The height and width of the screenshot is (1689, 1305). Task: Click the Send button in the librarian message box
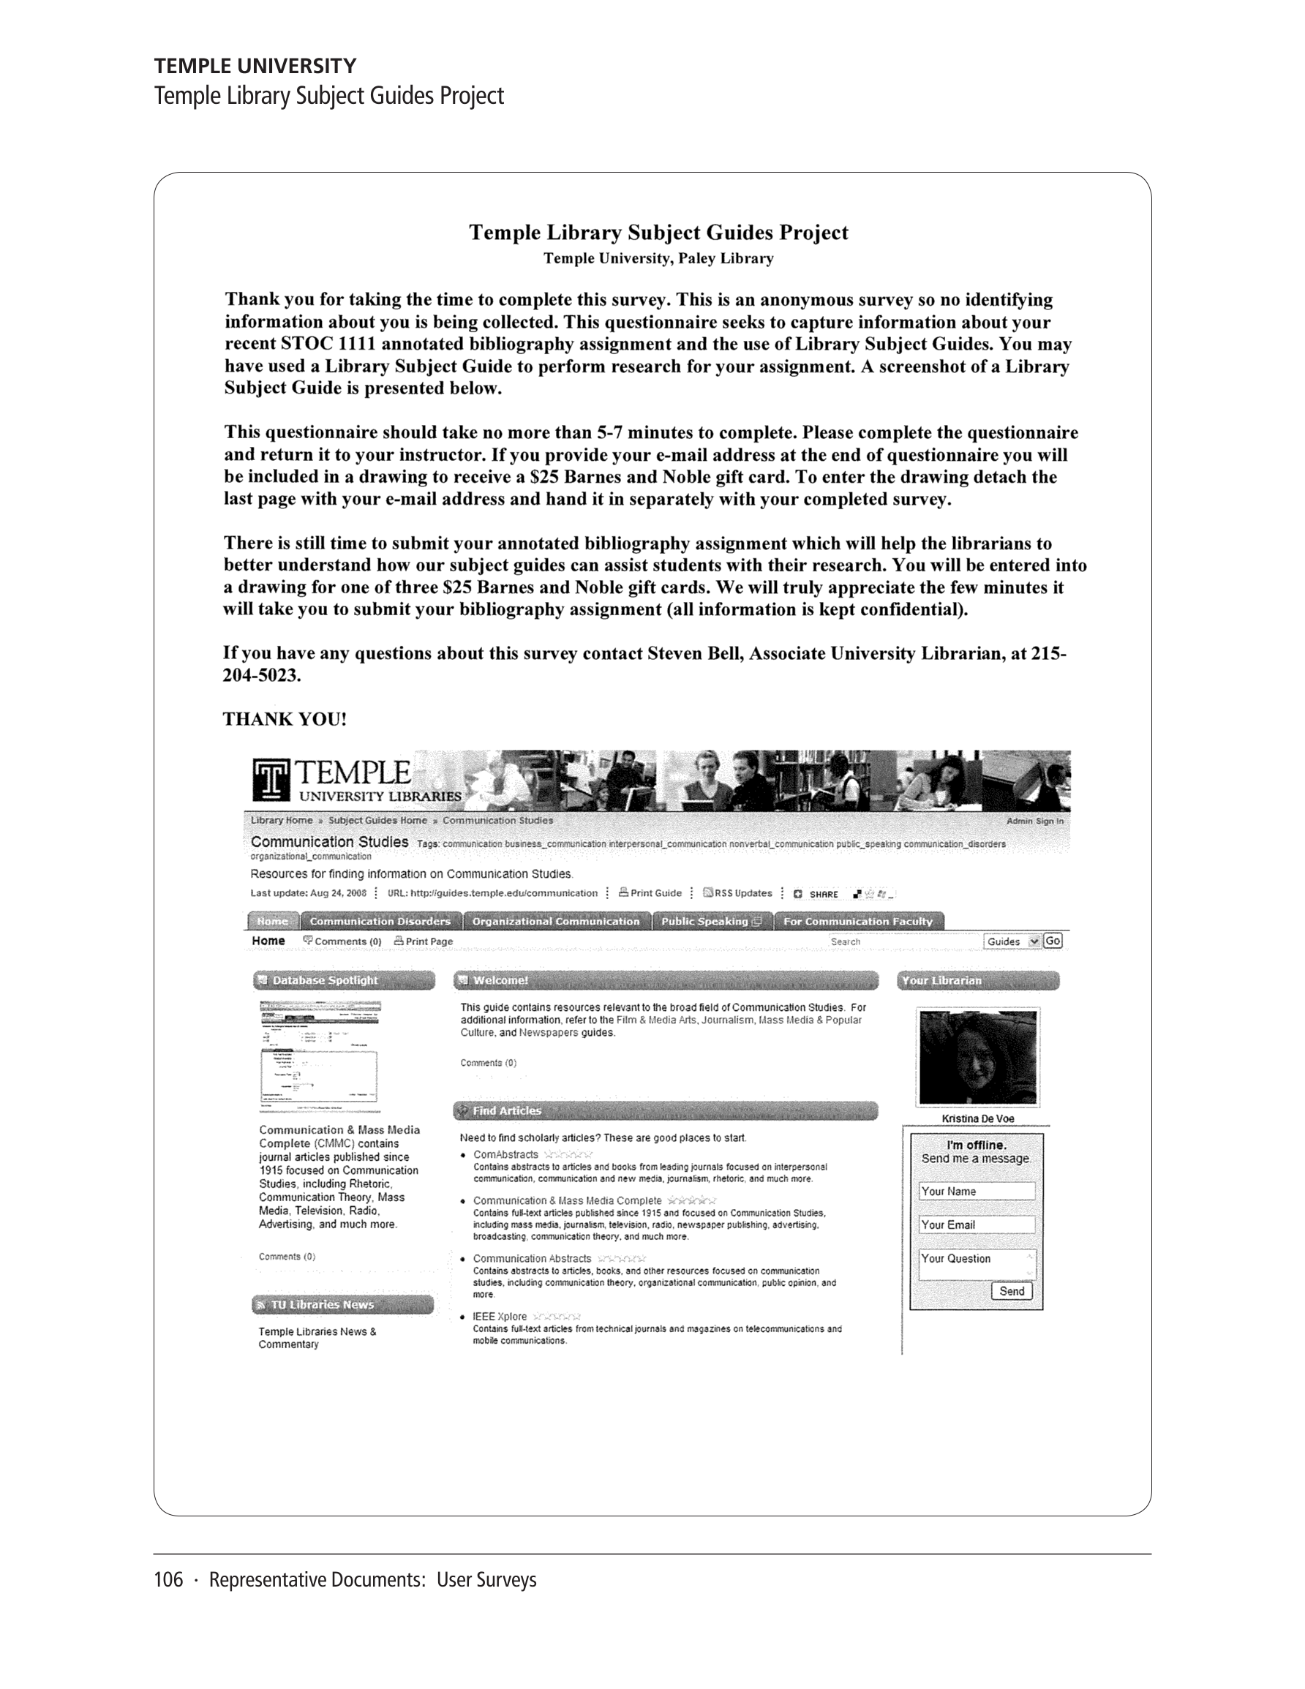coord(1011,1291)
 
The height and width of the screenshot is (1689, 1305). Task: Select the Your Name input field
coord(977,1191)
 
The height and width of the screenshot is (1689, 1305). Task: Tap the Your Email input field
coord(977,1225)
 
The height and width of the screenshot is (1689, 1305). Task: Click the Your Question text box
coord(977,1263)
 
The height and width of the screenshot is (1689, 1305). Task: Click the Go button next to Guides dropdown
coord(1052,941)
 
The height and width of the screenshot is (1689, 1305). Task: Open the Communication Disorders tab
coord(380,921)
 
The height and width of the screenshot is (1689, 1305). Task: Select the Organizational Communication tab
coord(556,921)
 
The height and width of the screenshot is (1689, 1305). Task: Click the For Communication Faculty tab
coord(857,921)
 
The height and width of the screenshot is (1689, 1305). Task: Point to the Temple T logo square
coord(271,780)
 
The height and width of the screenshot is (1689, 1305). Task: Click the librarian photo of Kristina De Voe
coord(978,1057)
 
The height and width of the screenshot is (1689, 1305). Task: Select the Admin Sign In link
coord(1034,821)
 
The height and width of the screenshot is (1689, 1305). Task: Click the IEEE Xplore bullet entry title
coord(500,1316)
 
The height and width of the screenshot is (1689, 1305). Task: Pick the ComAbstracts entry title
coord(505,1154)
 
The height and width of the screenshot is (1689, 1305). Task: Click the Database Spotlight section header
coord(344,981)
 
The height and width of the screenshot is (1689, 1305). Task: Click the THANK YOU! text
coord(285,719)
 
